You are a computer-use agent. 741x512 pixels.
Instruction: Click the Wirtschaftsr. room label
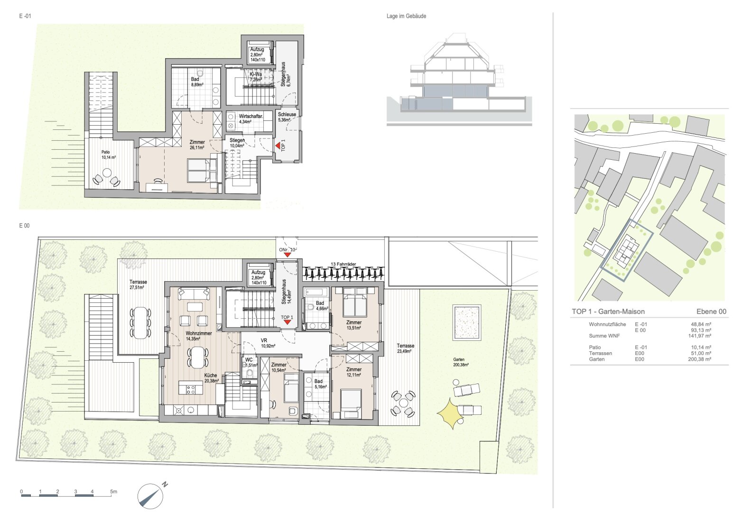click(x=251, y=116)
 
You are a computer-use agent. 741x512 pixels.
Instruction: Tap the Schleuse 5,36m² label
click(x=287, y=117)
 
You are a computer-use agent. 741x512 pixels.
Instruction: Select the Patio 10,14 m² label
click(x=108, y=155)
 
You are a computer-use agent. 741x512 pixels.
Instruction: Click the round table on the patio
click(x=107, y=173)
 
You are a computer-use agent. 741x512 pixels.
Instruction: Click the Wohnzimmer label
click(x=198, y=333)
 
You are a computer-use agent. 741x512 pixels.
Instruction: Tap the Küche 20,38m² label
click(x=212, y=378)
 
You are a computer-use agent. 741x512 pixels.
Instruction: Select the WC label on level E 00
click(x=249, y=360)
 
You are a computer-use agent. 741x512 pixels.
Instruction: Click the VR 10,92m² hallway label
click(x=268, y=343)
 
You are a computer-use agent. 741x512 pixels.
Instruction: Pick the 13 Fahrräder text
click(x=343, y=264)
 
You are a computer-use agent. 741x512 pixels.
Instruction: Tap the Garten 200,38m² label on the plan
click(x=461, y=362)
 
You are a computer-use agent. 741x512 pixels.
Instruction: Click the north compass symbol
click(x=150, y=496)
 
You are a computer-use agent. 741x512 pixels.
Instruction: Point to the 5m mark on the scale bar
click(x=113, y=492)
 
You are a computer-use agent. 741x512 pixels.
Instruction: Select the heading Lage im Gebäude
click(x=406, y=16)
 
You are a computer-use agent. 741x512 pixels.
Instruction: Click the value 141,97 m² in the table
click(x=699, y=336)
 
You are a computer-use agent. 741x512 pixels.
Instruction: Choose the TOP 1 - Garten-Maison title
click(x=608, y=311)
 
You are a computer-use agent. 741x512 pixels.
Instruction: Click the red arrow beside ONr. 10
click(x=287, y=255)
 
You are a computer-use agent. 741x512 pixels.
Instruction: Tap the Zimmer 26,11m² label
click(x=197, y=145)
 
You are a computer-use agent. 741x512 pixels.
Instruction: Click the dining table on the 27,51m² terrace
click(x=140, y=323)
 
